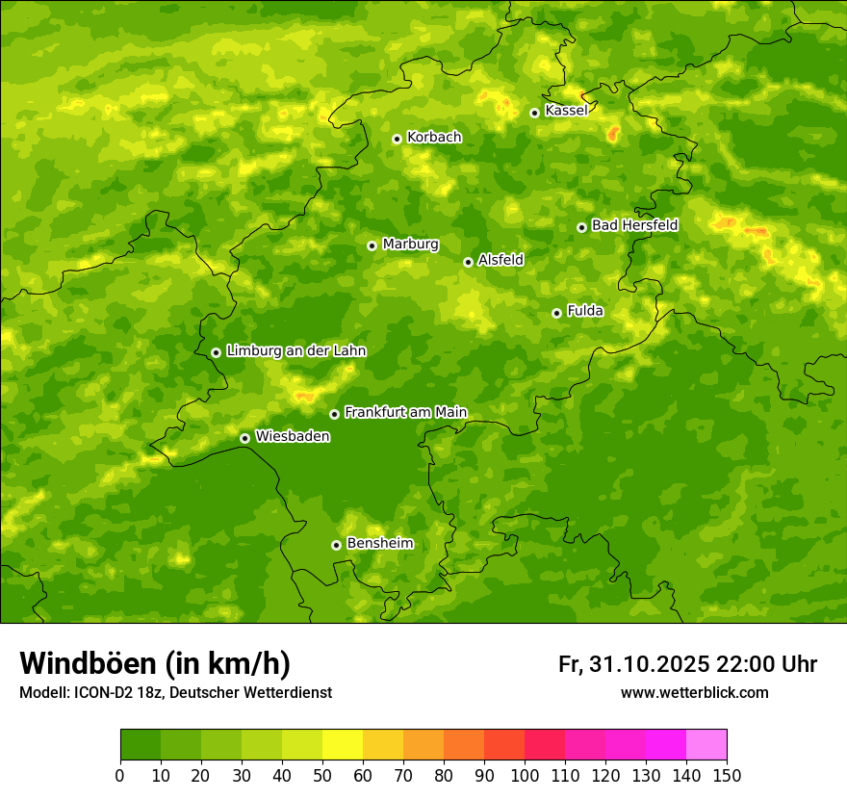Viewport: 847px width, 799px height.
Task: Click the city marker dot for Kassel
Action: coord(534,113)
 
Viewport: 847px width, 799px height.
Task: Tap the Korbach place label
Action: coord(434,138)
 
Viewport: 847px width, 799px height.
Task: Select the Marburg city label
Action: coord(410,245)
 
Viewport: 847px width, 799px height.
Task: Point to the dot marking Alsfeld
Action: coord(468,262)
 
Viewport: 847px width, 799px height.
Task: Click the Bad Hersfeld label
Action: coord(634,226)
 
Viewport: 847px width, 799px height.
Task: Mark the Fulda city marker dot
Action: coord(556,313)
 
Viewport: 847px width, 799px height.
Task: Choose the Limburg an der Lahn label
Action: coord(295,351)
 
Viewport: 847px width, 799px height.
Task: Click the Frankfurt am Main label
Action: coord(405,413)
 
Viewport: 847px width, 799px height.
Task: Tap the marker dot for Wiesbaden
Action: coord(244,438)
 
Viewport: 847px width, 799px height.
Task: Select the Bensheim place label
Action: coord(379,544)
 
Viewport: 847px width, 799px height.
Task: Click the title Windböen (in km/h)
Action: coord(155,663)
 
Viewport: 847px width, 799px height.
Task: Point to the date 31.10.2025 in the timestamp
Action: coord(647,664)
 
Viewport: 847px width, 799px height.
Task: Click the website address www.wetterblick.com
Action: coord(694,693)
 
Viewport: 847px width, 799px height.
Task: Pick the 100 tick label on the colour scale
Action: coord(525,775)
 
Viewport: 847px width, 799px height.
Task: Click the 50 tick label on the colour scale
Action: coord(322,775)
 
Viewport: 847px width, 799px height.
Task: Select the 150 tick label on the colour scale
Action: coord(727,775)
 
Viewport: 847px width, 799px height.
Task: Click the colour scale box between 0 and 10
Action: coord(141,745)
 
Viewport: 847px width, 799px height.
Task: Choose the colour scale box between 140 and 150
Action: coord(706,745)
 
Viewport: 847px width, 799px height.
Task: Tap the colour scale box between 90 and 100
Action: coord(504,745)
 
